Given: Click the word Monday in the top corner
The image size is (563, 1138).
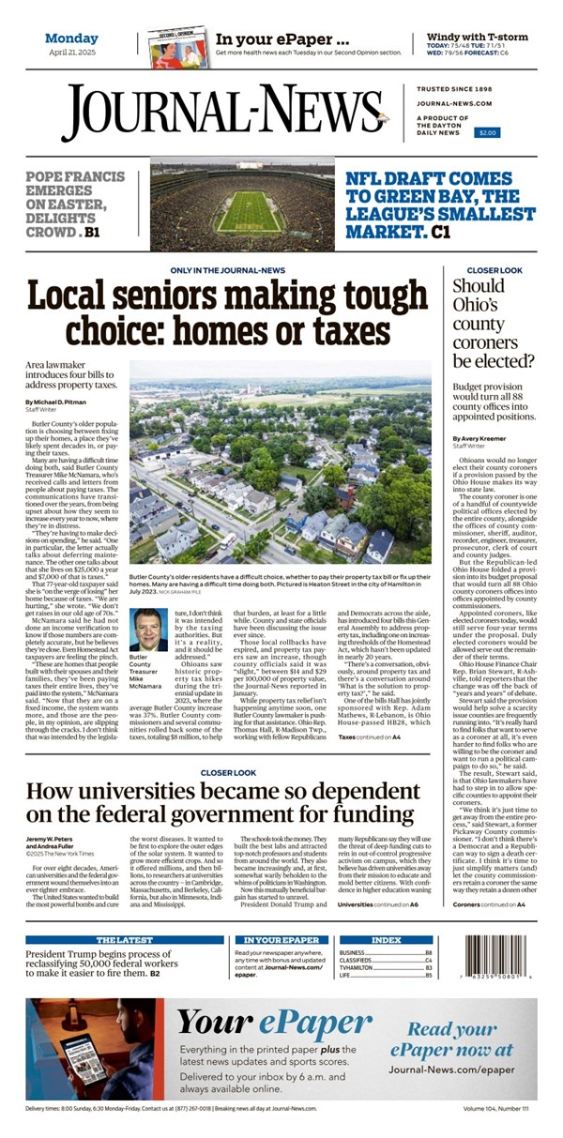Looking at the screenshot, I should tap(71, 38).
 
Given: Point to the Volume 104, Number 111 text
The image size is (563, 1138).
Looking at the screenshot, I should tap(495, 1110).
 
